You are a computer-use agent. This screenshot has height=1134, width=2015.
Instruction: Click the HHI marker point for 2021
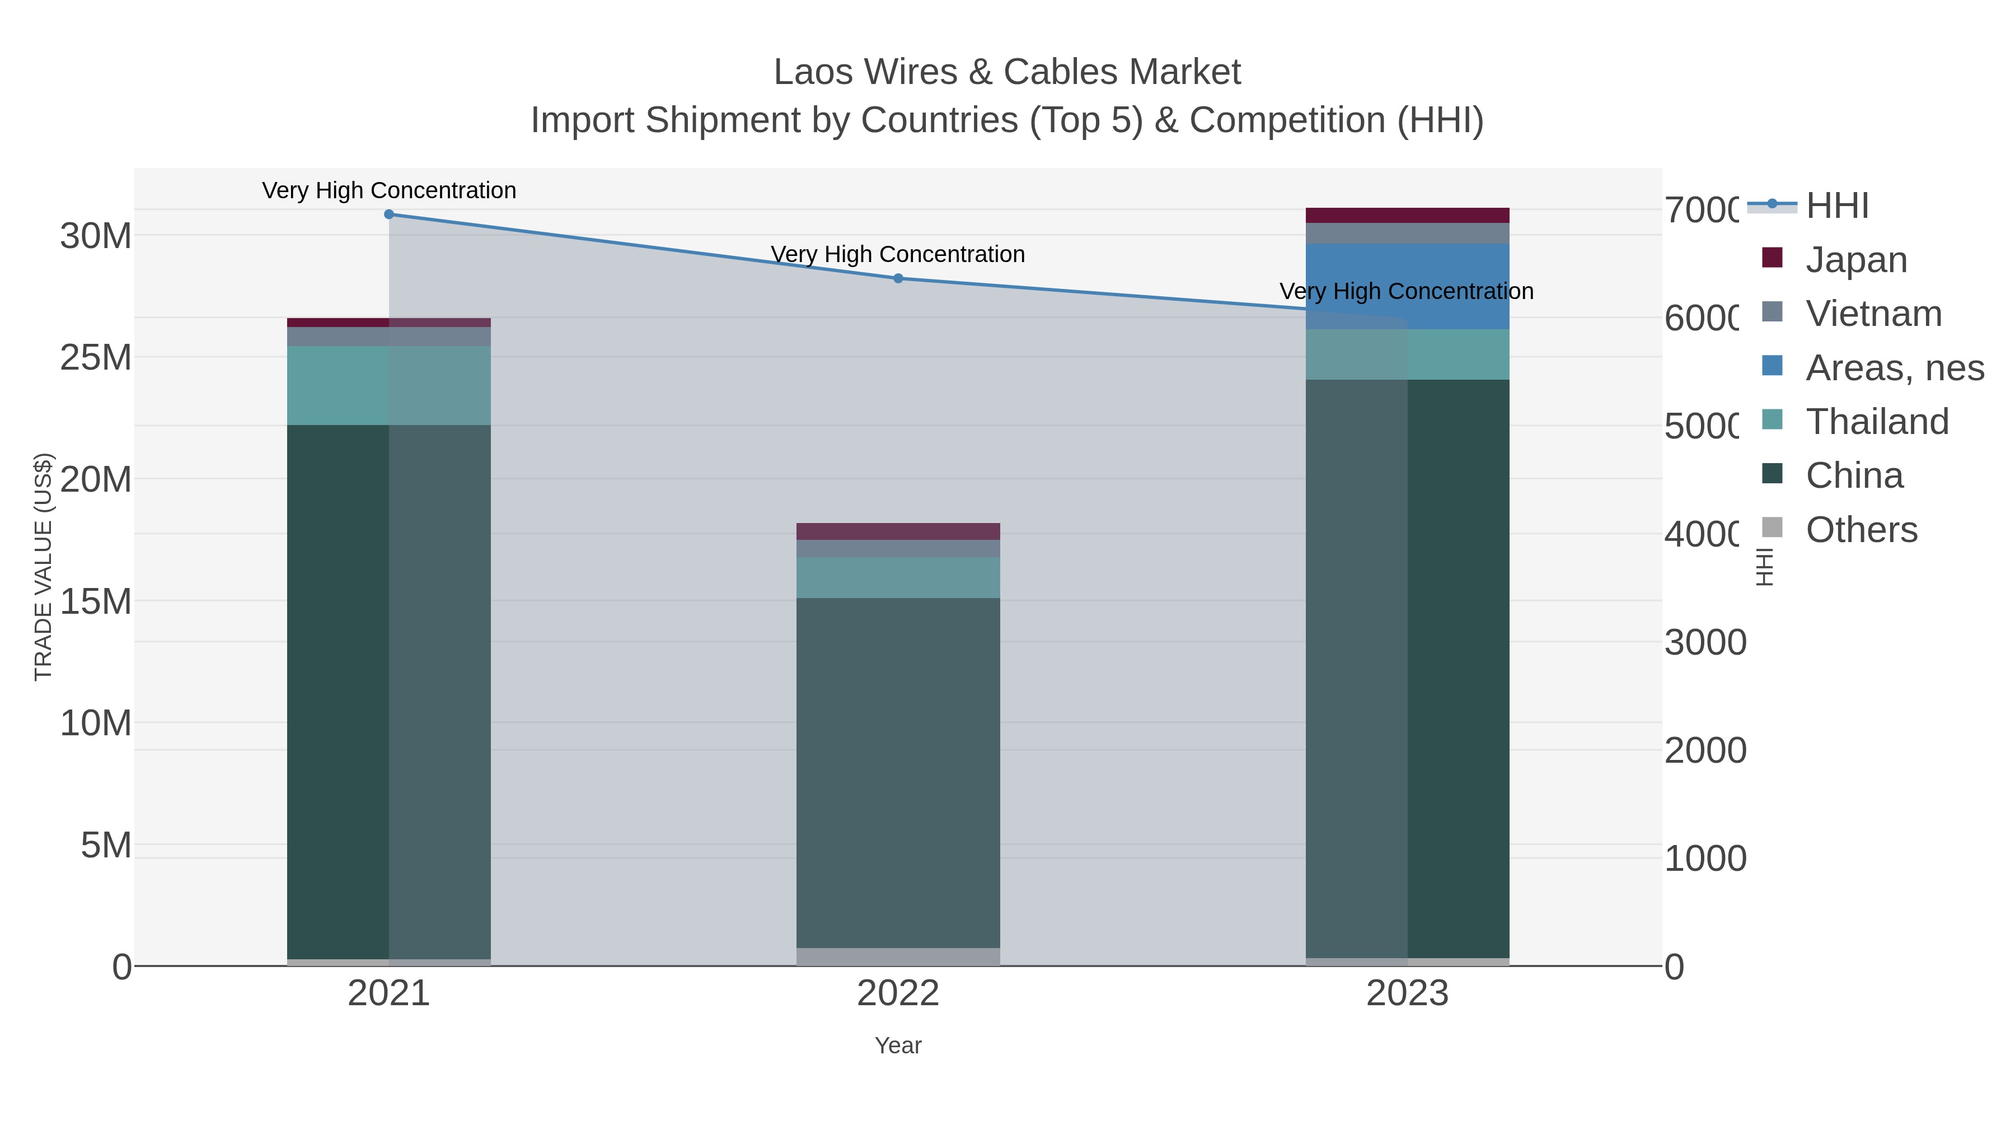click(x=389, y=214)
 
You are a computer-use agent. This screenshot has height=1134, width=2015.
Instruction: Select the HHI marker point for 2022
click(x=898, y=278)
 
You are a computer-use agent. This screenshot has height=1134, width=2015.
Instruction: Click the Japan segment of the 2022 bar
click(x=898, y=531)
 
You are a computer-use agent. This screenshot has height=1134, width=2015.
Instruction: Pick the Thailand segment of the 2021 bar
click(x=389, y=385)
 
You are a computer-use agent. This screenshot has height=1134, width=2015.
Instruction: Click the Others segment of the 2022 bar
click(x=898, y=956)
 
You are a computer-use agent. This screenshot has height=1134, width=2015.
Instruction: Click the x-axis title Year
click(x=898, y=1046)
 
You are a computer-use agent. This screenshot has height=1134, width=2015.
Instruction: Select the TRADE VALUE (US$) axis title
click(x=43, y=567)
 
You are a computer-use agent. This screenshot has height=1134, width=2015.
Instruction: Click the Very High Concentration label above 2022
click(x=898, y=254)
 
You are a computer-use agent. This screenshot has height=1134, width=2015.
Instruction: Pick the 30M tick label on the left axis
click(x=95, y=236)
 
